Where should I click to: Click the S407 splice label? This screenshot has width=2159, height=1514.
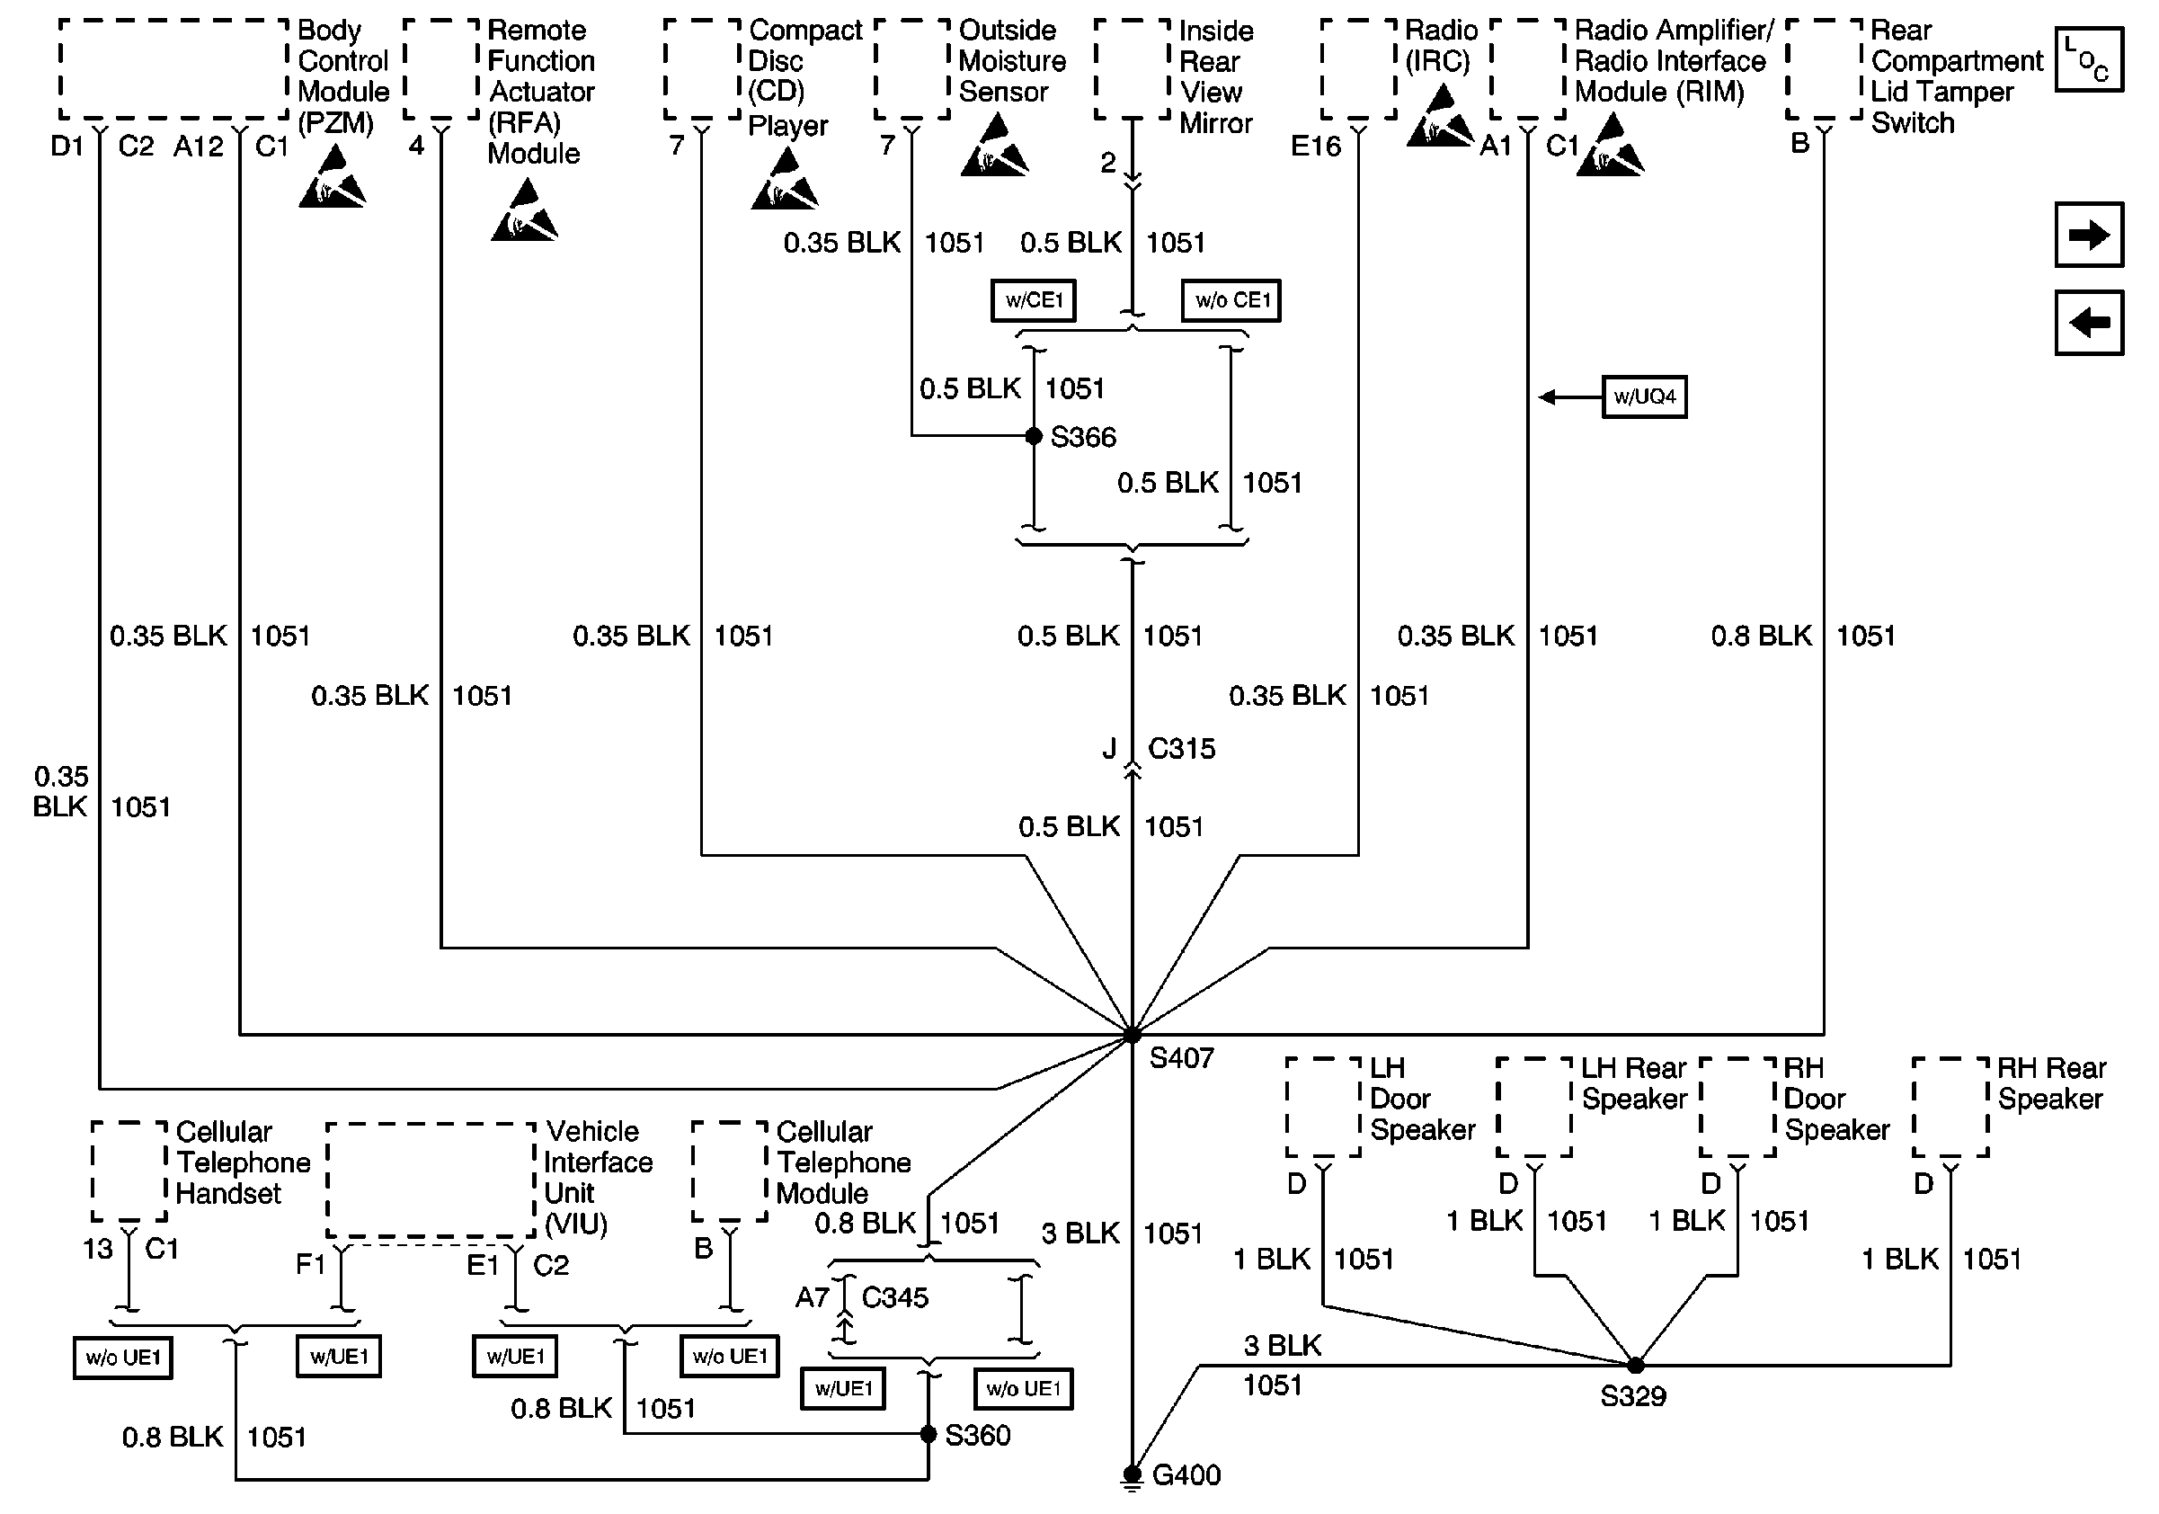[x=1181, y=1059]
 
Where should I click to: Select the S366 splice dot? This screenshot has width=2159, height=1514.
[x=1034, y=436]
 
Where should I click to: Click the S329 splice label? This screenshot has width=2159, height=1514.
[x=1632, y=1396]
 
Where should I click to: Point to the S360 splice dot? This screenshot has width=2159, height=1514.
[x=928, y=1434]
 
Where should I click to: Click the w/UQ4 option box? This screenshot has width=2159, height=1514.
[x=1644, y=396]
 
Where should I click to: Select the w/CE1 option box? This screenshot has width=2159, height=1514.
[x=1034, y=301]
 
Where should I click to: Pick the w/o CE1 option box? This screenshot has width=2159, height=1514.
[x=1231, y=301]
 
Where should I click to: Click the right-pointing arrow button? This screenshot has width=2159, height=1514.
[x=2089, y=235]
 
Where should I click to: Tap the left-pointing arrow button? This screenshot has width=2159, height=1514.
[x=2089, y=324]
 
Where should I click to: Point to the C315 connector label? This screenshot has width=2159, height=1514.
[x=1181, y=749]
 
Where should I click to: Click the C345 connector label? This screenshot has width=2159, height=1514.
[x=894, y=1297]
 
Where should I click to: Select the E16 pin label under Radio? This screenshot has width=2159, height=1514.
[x=1315, y=146]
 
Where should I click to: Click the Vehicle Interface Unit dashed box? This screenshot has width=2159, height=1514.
[x=431, y=1180]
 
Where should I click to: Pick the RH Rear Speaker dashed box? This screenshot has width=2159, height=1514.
[x=1950, y=1108]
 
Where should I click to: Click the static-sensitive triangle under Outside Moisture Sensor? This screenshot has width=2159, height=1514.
[x=994, y=147]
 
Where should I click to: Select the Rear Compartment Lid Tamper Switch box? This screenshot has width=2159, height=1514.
[x=1824, y=69]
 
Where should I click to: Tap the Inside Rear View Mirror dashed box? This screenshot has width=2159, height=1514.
[x=1133, y=69]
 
